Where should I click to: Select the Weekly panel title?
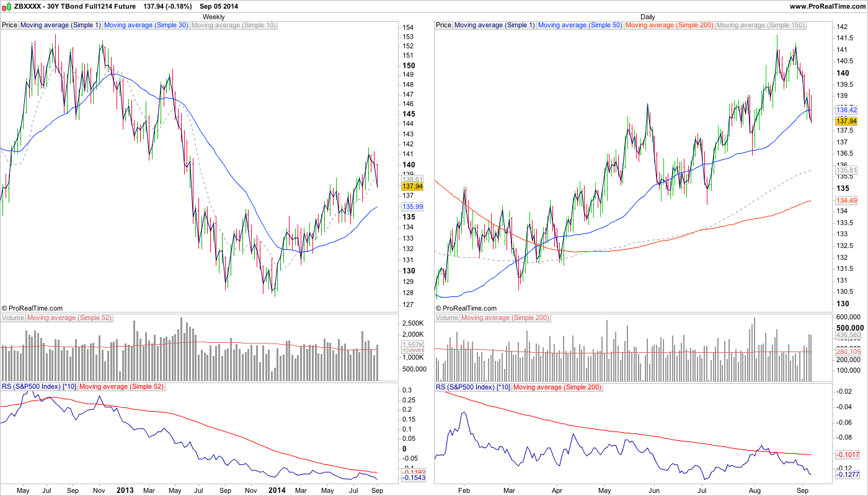(214, 17)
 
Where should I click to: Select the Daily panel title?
(647, 17)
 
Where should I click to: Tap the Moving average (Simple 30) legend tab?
(146, 25)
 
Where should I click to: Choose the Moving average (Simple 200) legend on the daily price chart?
(670, 25)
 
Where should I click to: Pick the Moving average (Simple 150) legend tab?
(760, 25)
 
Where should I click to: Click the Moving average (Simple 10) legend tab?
(234, 25)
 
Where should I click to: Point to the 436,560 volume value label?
(848, 335)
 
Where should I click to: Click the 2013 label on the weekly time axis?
(125, 490)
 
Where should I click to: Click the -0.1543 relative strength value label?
(413, 478)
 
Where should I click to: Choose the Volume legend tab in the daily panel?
(447, 318)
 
